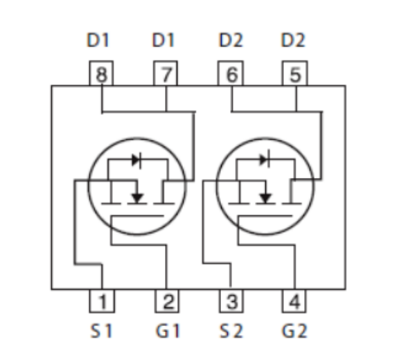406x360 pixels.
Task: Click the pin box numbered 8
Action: [x=101, y=73]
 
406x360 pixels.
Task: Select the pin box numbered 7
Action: [x=166, y=73]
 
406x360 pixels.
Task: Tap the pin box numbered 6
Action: [x=231, y=73]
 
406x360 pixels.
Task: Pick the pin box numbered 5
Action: [x=295, y=73]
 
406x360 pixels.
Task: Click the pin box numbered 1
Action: [x=102, y=300]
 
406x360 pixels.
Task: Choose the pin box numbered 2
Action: [x=167, y=300]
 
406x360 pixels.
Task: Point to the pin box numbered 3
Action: [x=231, y=300]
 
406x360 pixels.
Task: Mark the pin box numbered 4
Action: [x=294, y=300]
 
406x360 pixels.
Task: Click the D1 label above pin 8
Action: [x=98, y=40]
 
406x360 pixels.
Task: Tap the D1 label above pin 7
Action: [x=163, y=40]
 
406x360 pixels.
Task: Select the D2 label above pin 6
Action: [x=231, y=40]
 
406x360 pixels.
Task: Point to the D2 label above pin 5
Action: [x=293, y=40]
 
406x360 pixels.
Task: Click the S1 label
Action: [x=101, y=331]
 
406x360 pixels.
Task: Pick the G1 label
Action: [x=168, y=331]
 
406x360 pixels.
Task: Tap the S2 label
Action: [x=231, y=331]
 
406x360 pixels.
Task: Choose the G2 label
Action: [x=294, y=331]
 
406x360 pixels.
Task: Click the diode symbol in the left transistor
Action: [x=136, y=160]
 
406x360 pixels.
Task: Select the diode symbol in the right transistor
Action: [x=265, y=159]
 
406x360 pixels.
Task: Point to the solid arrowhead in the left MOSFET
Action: [x=137, y=199]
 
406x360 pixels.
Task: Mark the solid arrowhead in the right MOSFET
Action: [x=265, y=199]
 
